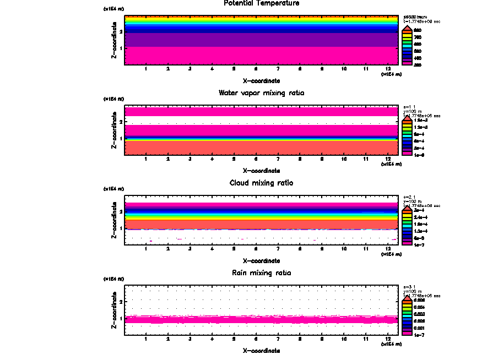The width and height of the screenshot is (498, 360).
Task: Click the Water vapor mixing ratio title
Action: [261, 93]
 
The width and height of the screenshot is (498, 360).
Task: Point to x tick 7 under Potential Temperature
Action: [278, 69]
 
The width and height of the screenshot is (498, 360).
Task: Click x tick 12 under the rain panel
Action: [388, 340]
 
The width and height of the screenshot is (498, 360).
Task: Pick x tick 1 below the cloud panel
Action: [145, 249]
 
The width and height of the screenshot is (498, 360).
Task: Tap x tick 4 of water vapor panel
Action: [212, 160]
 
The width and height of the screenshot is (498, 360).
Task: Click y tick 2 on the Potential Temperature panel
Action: [121, 31]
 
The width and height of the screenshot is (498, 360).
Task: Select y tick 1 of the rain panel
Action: [121, 319]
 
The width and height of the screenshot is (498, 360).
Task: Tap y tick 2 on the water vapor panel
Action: [121, 122]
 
